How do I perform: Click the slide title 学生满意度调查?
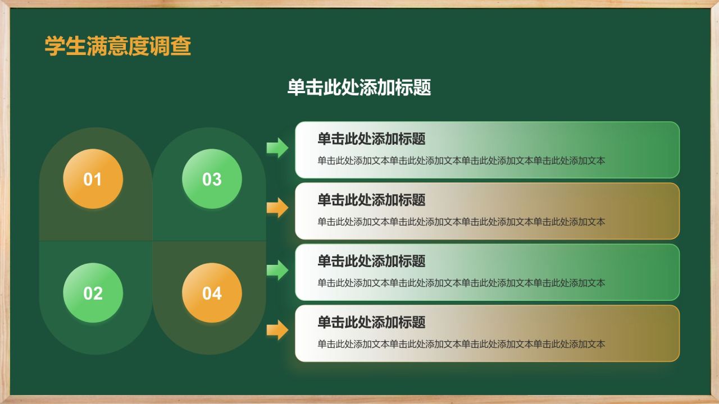(118, 46)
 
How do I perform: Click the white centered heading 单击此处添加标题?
(359, 88)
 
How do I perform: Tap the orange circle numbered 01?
(93, 179)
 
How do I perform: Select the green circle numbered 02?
(93, 293)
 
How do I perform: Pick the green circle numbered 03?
(212, 179)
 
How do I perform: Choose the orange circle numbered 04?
(212, 293)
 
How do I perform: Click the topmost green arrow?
(277, 148)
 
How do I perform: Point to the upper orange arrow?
(277, 208)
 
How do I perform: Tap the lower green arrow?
(277, 270)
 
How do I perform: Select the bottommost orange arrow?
(277, 330)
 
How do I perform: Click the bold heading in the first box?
(371, 139)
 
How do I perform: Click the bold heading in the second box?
(371, 200)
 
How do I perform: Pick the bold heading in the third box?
(371, 261)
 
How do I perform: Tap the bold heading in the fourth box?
(371, 322)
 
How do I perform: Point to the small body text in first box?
(461, 161)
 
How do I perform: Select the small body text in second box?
(461, 222)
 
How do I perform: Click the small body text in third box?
(461, 283)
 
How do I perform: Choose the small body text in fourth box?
(461, 345)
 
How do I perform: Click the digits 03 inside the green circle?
(212, 180)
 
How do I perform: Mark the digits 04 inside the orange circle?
(212, 293)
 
